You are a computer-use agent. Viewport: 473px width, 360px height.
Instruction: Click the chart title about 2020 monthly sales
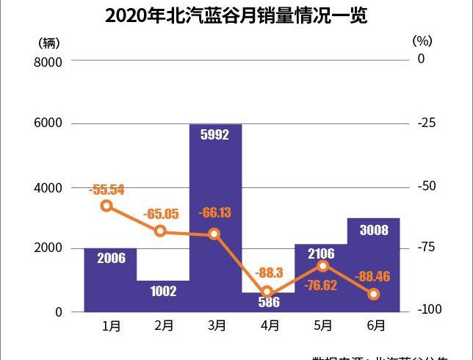(x=236, y=15)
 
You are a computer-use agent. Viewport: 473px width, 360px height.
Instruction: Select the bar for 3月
(x=215, y=220)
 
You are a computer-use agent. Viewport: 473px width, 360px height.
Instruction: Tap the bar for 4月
(x=268, y=303)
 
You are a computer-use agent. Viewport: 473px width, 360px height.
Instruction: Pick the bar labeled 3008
(x=374, y=264)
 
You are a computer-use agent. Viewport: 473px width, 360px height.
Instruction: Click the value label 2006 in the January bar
(x=111, y=257)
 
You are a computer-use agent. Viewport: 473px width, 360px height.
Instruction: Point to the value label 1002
(x=163, y=291)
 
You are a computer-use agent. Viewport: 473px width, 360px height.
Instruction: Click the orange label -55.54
(x=106, y=190)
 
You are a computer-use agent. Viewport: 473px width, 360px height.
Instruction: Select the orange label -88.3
(x=268, y=273)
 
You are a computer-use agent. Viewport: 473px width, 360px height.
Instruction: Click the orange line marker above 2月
(x=161, y=231)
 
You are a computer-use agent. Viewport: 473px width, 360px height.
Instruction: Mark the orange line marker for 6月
(x=373, y=294)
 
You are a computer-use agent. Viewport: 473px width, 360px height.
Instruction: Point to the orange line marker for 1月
(x=107, y=206)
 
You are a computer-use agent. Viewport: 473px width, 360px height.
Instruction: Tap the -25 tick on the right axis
(x=427, y=123)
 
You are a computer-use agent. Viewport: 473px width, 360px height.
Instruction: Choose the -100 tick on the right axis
(x=430, y=311)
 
